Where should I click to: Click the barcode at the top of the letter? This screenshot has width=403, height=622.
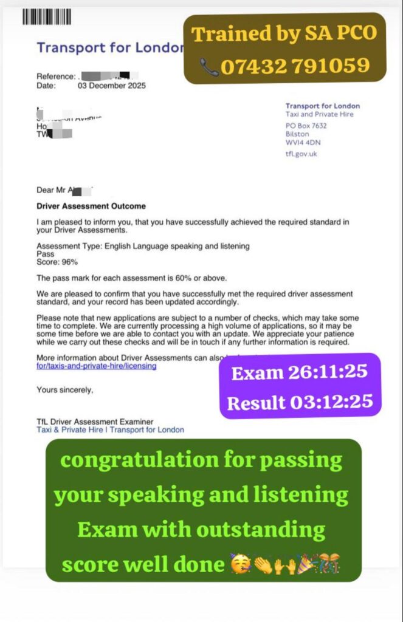click(x=47, y=16)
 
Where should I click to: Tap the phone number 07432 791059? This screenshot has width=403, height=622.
click(x=295, y=66)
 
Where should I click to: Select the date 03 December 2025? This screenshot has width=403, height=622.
click(x=112, y=86)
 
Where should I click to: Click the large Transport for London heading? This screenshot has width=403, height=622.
click(x=109, y=47)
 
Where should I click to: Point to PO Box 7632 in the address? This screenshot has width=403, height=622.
click(x=306, y=126)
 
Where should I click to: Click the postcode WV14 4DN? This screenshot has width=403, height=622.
click(x=303, y=143)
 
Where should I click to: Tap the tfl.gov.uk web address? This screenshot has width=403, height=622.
click(x=301, y=154)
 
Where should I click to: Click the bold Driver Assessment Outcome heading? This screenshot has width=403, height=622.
click(x=91, y=206)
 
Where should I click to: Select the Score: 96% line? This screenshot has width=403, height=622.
click(x=57, y=262)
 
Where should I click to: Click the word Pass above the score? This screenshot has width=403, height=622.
click(x=45, y=254)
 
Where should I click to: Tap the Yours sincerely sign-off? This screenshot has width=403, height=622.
click(x=65, y=390)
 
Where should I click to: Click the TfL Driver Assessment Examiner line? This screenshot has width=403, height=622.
click(x=95, y=422)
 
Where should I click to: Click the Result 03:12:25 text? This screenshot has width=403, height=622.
click(x=300, y=402)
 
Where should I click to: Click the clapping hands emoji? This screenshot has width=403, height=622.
click(x=261, y=566)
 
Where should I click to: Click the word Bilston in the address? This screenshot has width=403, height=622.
click(x=297, y=134)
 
